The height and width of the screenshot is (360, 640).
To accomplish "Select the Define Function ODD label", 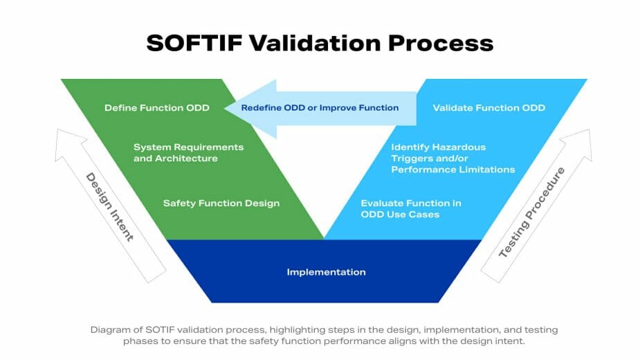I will pyautogui.click(x=156, y=108).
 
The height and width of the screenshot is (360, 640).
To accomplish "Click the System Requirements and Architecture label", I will pyautogui.click(x=188, y=153).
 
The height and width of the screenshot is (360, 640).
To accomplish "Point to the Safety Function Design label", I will pyautogui.click(x=221, y=204).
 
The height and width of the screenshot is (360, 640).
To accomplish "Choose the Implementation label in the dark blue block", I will pyautogui.click(x=326, y=272).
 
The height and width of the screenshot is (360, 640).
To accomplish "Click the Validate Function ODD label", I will pyautogui.click(x=488, y=108).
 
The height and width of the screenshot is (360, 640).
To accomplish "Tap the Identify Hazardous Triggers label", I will pyautogui.click(x=452, y=159).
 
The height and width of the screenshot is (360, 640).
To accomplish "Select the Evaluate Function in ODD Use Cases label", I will pyautogui.click(x=411, y=208).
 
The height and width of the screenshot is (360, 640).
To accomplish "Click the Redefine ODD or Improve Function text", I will pyautogui.click(x=320, y=108).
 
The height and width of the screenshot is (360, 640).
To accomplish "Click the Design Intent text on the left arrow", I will pyautogui.click(x=109, y=206).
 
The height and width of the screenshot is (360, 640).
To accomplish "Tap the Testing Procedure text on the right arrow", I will pyautogui.click(x=532, y=213).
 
